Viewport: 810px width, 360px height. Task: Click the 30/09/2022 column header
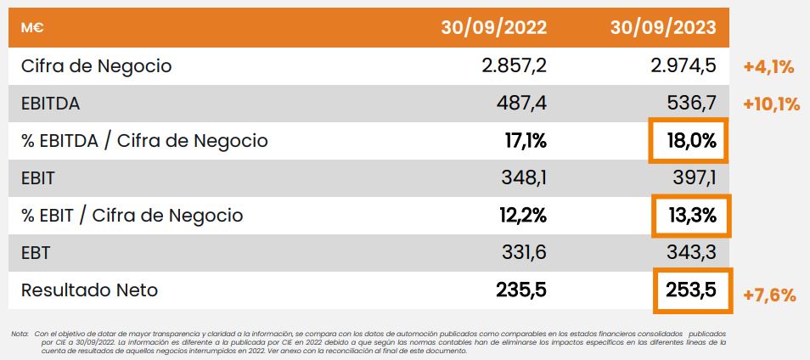coord(493,27)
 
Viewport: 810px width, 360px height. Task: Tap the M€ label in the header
coord(32,27)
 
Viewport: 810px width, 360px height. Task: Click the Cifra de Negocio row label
coord(97,65)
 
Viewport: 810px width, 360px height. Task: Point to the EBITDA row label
coord(50,104)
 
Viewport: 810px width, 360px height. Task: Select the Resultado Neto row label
coord(90,290)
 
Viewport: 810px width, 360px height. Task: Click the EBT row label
coord(37,253)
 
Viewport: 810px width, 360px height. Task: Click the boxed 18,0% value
coord(692,141)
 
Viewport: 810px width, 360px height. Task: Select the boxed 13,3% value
coord(692,216)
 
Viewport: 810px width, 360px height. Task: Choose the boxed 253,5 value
coord(692,290)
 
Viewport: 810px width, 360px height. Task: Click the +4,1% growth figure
coord(768,66)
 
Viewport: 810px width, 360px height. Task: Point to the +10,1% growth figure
coord(771,104)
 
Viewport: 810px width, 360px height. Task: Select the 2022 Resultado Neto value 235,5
coord(521,290)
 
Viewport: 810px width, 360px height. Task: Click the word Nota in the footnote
coord(20,335)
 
